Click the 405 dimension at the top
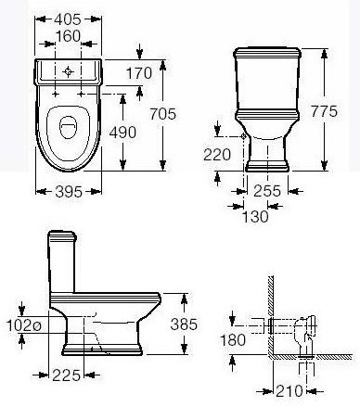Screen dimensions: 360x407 pyautogui.click(x=68, y=19)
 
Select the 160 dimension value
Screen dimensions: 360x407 pyautogui.click(x=68, y=36)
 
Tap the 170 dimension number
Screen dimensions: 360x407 pyautogui.click(x=139, y=73)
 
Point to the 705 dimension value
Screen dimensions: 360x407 pyautogui.click(x=163, y=114)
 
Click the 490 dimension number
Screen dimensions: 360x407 pyautogui.click(x=122, y=133)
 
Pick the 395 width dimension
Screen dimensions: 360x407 pyautogui.click(x=69, y=192)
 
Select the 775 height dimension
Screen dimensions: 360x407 pyautogui.click(x=324, y=111)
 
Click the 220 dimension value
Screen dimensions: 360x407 pyautogui.click(x=217, y=155)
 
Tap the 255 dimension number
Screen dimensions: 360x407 pyautogui.click(x=267, y=191)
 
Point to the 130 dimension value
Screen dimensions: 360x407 pyautogui.click(x=255, y=217)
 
